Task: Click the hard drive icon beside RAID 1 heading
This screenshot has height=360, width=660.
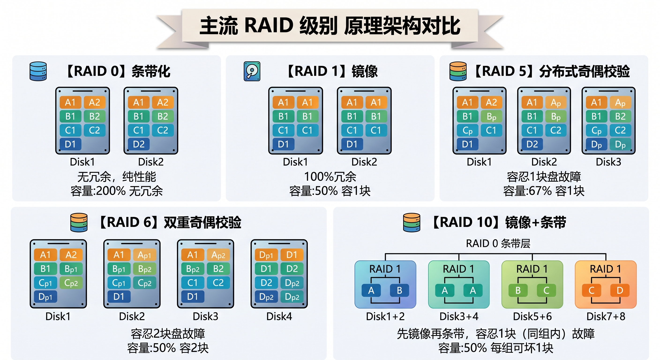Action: pyautogui.click(x=252, y=71)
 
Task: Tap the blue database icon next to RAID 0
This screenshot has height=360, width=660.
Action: pyautogui.click(x=38, y=71)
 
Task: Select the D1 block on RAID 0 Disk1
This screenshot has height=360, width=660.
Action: pyautogui.click(x=70, y=144)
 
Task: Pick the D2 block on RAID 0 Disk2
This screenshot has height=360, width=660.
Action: pyautogui.click(x=139, y=144)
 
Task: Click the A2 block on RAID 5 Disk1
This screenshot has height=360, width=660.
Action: pyautogui.click(x=491, y=102)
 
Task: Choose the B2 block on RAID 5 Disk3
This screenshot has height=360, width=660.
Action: pyautogui.click(x=620, y=116)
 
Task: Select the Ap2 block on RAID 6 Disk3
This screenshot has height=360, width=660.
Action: pyautogui.click(x=218, y=255)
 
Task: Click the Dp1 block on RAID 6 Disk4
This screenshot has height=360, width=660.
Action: pyautogui.click(x=266, y=255)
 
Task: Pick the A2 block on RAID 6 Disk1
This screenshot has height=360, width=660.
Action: pyautogui.click(x=71, y=255)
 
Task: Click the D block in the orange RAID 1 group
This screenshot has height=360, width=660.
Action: pyautogui.click(x=620, y=290)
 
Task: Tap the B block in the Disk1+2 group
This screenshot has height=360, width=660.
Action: pyautogui.click(x=399, y=290)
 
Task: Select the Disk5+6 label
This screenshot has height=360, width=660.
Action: pyautogui.click(x=532, y=316)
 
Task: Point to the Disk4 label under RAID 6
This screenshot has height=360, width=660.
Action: pyautogui.click(x=279, y=316)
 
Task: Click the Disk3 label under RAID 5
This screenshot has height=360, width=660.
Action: pyautogui.click(x=608, y=162)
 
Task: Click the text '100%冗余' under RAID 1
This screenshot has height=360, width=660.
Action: pyautogui.click(x=330, y=176)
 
